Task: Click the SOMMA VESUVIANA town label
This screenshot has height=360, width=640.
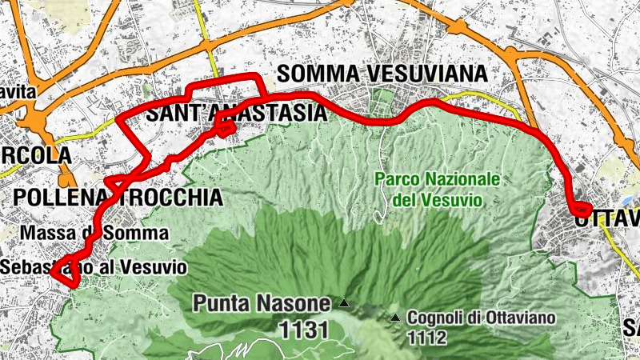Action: [382, 74]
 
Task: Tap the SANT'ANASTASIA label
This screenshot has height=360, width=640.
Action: [236, 114]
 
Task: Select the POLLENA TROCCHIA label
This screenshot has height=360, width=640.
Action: [118, 197]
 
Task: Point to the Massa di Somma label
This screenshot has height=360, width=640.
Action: [95, 233]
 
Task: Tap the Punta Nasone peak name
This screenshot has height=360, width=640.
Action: [261, 303]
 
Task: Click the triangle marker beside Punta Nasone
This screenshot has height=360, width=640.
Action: [344, 303]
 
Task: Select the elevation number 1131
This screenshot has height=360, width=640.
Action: [304, 329]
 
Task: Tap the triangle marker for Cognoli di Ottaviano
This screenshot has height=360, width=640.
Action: [395, 318]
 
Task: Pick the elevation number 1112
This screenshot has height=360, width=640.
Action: [426, 338]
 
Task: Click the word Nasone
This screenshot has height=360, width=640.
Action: [289, 303]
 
